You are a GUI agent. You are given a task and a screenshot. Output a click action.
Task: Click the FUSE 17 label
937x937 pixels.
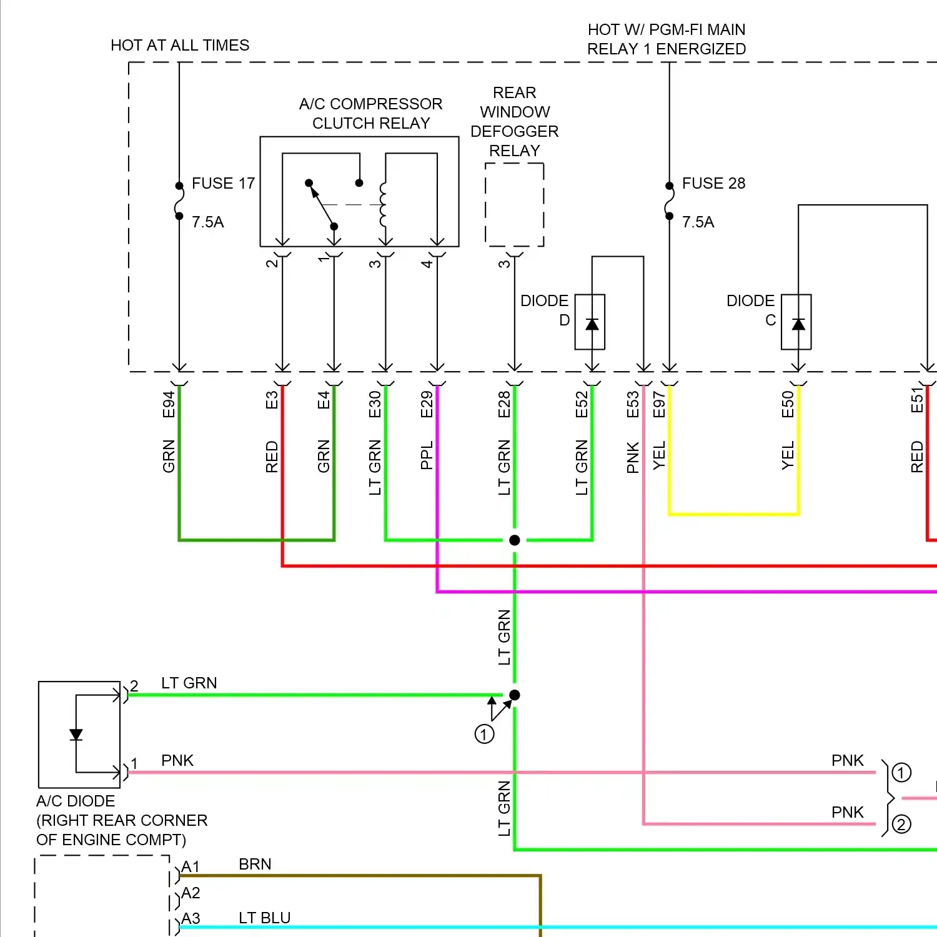tap(223, 183)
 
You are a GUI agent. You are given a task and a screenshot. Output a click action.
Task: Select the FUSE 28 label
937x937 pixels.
tap(713, 183)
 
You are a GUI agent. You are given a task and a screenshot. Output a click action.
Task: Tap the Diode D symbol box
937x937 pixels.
tap(590, 322)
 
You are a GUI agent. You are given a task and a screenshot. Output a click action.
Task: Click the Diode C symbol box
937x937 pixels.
tap(796, 322)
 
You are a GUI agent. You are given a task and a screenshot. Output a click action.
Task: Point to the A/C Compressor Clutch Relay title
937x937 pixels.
tap(370, 113)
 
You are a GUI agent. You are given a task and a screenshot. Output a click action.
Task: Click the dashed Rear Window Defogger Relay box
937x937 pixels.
tap(514, 205)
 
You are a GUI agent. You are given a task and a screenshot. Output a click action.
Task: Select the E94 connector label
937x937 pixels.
tap(168, 404)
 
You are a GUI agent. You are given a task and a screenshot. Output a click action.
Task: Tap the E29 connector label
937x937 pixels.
tap(427, 404)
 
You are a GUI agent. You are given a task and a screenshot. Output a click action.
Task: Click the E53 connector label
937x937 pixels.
tap(633, 404)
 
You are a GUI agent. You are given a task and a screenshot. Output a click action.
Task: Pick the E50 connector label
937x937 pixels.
tap(788, 404)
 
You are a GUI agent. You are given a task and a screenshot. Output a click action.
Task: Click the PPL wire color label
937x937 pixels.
tap(427, 455)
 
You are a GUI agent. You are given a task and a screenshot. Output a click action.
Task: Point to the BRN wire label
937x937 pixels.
tap(255, 864)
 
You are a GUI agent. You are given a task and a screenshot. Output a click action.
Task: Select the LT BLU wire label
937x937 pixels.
tap(264, 918)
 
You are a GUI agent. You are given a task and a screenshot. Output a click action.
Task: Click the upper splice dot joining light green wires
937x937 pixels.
tap(514, 540)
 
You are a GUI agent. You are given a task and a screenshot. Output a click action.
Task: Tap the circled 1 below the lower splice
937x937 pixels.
tap(484, 734)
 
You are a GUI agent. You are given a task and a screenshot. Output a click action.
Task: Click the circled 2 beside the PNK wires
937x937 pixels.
tap(901, 825)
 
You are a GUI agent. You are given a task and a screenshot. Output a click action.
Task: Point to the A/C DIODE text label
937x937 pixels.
tap(76, 801)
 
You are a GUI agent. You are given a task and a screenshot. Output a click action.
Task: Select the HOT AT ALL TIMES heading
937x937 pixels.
tap(179, 45)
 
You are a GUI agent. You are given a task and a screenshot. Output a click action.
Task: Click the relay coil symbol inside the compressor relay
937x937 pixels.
tap(383, 205)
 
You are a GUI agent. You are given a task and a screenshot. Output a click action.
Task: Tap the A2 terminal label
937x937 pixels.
tap(191, 893)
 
